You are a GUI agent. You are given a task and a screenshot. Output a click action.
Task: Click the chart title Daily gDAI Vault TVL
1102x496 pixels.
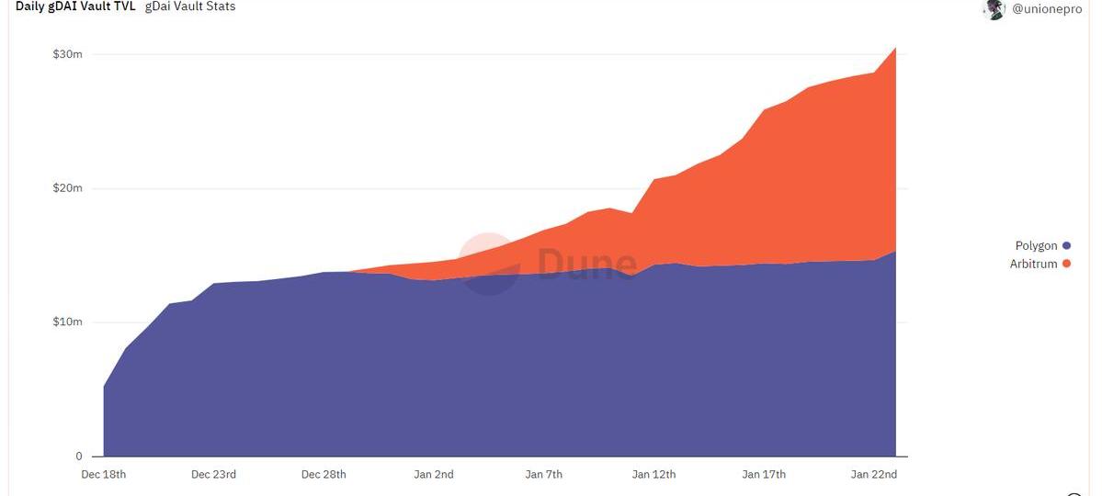coord(75,6)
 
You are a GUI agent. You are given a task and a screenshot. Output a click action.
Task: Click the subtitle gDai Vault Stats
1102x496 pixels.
coord(190,6)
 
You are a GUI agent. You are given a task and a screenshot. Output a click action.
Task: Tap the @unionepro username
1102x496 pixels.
coord(1047,9)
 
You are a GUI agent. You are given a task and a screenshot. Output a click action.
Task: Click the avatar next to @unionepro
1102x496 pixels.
coord(994,9)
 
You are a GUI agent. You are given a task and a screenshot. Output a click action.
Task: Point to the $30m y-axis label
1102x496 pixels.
coord(68,54)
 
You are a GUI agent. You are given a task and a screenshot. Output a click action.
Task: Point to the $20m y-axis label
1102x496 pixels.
coord(68,188)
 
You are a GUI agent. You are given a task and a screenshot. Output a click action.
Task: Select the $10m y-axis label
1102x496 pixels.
coord(68,322)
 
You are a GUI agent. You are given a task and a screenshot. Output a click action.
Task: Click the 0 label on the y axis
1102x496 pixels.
coord(79,457)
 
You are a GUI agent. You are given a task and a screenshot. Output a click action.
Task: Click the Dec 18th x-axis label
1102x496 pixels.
coord(104,475)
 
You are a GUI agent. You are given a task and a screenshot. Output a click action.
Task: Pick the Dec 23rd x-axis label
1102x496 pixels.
coord(213,475)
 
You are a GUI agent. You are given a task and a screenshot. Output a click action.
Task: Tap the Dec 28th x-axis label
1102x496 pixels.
coord(324,475)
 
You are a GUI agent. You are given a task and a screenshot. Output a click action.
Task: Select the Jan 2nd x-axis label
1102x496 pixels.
coord(434,475)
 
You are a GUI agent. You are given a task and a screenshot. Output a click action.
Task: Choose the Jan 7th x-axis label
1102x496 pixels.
coord(544,475)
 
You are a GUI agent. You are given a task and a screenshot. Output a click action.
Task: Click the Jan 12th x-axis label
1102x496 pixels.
coord(653,475)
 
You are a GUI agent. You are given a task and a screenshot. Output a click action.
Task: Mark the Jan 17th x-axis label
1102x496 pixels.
coord(764,475)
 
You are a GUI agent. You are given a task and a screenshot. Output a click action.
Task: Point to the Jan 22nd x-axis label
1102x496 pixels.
coord(874,475)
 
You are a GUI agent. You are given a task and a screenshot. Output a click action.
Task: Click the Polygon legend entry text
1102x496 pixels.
coord(1036,246)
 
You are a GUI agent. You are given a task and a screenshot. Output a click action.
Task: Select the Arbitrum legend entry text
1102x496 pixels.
coord(1033,265)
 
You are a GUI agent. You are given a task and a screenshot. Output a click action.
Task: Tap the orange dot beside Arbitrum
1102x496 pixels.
coord(1067,265)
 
